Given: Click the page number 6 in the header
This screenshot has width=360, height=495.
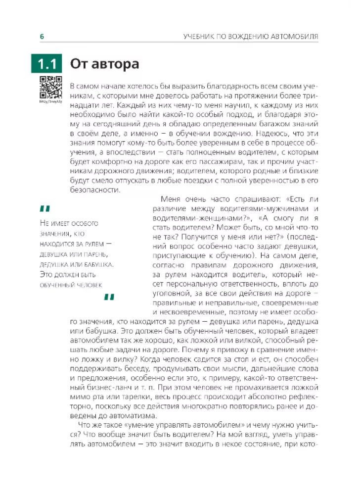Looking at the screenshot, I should point(42,36).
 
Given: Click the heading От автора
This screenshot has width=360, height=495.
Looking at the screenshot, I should point(104,64).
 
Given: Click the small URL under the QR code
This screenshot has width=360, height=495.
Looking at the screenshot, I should point(50,101).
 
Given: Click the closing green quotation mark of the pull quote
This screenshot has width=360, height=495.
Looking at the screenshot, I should point(109,297).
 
